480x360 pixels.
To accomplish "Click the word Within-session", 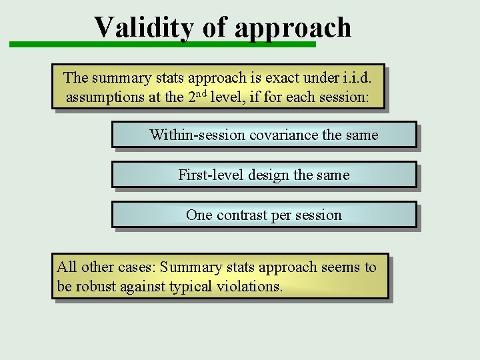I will (x=197, y=135).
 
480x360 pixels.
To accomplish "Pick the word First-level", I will (x=211, y=175).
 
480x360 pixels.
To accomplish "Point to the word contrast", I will (x=242, y=215).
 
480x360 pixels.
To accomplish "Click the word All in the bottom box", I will (x=67, y=267).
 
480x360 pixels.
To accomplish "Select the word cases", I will (x=132, y=267).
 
